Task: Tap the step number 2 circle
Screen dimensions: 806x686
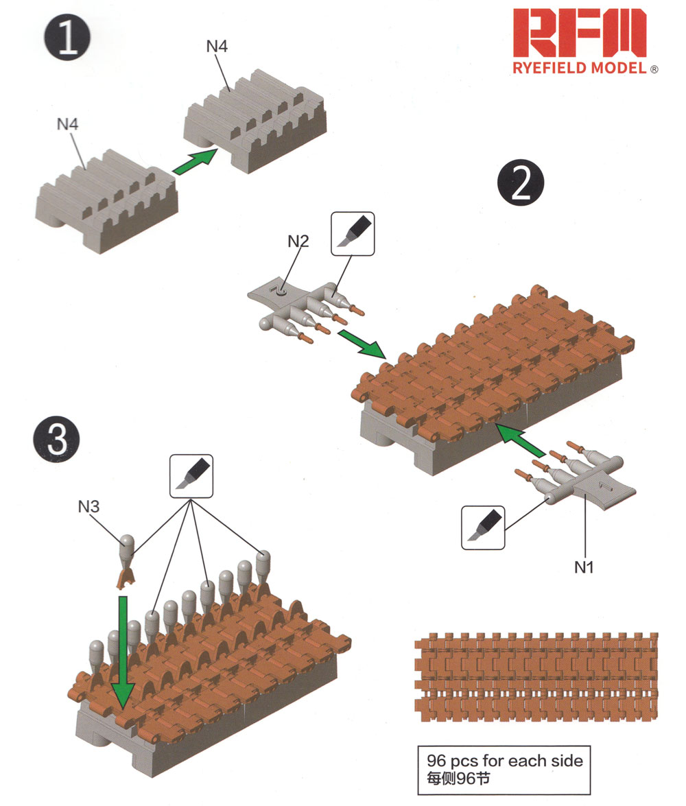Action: (x=519, y=181)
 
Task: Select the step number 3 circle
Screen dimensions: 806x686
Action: (x=56, y=439)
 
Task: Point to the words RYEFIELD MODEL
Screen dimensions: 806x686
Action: (x=580, y=68)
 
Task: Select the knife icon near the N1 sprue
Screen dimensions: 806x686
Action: (x=483, y=528)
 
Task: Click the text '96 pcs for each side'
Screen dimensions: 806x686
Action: (x=504, y=761)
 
